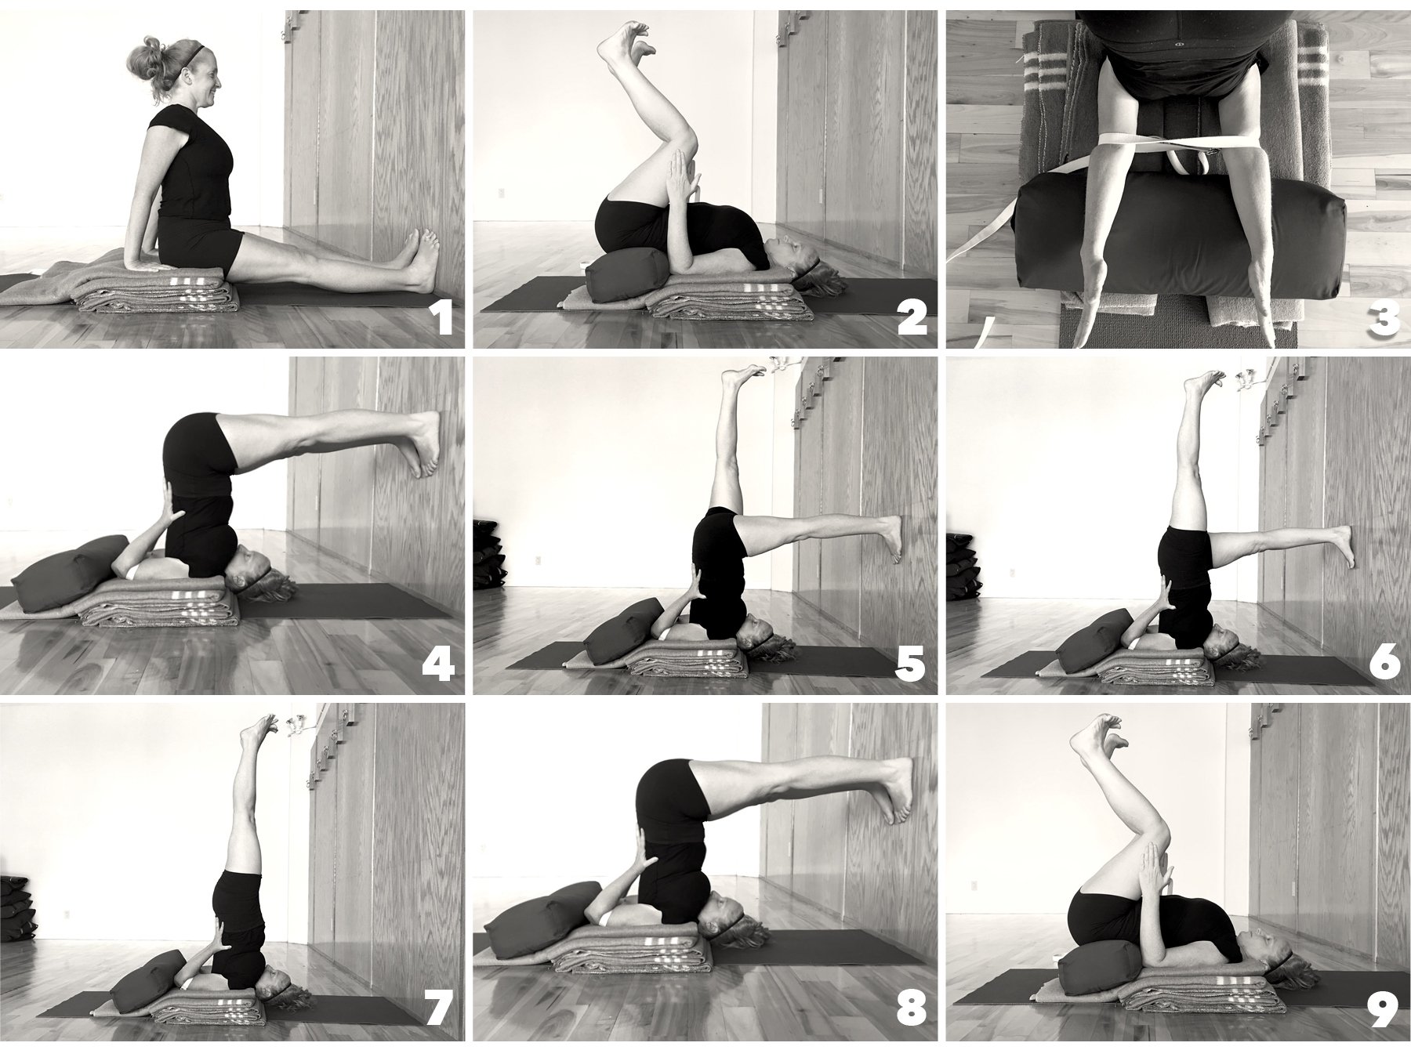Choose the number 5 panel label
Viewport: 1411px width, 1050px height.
910,664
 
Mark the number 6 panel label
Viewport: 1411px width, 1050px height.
1384,664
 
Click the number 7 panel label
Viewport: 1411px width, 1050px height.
439,1008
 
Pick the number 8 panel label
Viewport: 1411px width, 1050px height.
910,1008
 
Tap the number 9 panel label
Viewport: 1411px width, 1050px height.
1384,1008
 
